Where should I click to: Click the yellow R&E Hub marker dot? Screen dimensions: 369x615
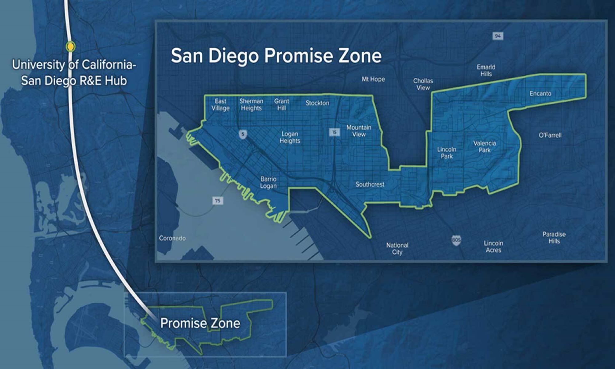(x=71, y=46)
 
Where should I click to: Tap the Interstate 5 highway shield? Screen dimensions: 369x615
(x=243, y=134)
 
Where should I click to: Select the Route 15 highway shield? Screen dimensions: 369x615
(x=334, y=132)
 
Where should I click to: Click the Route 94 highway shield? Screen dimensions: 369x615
(x=498, y=36)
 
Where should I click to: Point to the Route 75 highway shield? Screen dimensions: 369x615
(x=218, y=201)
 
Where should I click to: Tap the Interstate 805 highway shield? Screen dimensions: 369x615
(x=456, y=240)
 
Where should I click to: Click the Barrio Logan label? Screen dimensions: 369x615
(x=268, y=182)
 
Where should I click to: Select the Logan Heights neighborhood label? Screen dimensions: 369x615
(x=290, y=137)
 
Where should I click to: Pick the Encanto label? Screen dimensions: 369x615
(x=540, y=93)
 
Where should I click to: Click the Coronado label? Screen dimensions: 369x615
(x=172, y=238)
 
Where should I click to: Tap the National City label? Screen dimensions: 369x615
(x=397, y=248)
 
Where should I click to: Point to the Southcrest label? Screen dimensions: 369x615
(x=370, y=184)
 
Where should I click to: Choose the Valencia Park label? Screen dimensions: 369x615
(x=485, y=147)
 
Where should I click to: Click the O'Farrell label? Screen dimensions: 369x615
(x=550, y=135)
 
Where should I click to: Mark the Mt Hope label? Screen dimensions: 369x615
(x=373, y=79)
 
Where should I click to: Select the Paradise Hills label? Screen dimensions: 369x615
(x=554, y=238)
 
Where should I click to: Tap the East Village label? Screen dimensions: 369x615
(x=220, y=105)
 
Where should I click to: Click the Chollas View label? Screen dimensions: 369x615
(x=423, y=84)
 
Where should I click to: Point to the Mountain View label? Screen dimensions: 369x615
(x=359, y=131)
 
